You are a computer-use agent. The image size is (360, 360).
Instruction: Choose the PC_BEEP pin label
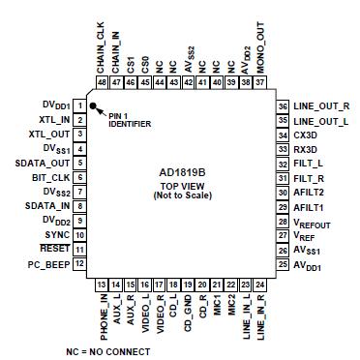point(49,263)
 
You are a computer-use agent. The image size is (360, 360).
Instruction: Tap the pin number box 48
point(101,82)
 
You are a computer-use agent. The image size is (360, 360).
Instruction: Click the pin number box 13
point(101,285)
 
